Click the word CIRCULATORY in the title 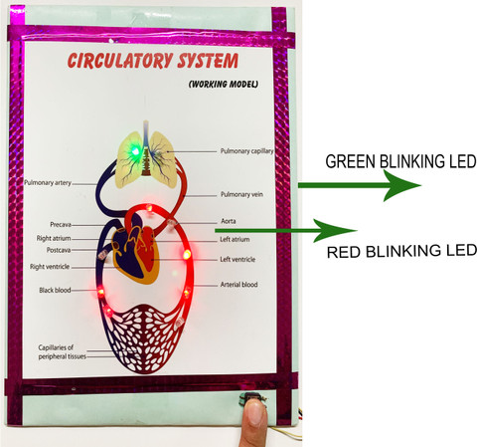pyautogui.click(x=120, y=61)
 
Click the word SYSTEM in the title pyautogui.click(x=208, y=61)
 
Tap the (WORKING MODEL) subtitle pyautogui.click(x=224, y=84)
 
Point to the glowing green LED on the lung pyautogui.click(x=135, y=152)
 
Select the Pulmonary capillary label pyautogui.click(x=247, y=151)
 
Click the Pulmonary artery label pyautogui.click(x=48, y=182)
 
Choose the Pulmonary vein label pyautogui.click(x=241, y=194)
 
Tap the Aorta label pyautogui.click(x=229, y=221)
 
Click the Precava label pyautogui.click(x=61, y=225)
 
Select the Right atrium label pyautogui.click(x=54, y=238)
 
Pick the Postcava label pyautogui.click(x=59, y=250)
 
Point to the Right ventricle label pyautogui.click(x=50, y=267)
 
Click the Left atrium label pyautogui.click(x=235, y=239)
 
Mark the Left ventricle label pyautogui.click(x=238, y=259)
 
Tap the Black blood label pyautogui.click(x=55, y=290)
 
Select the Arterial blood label pyautogui.click(x=238, y=285)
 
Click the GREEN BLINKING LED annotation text pyautogui.click(x=400, y=161)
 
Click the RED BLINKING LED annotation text pyautogui.click(x=401, y=251)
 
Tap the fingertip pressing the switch pyautogui.click(x=254, y=411)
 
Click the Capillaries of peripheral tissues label pyautogui.click(x=63, y=352)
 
